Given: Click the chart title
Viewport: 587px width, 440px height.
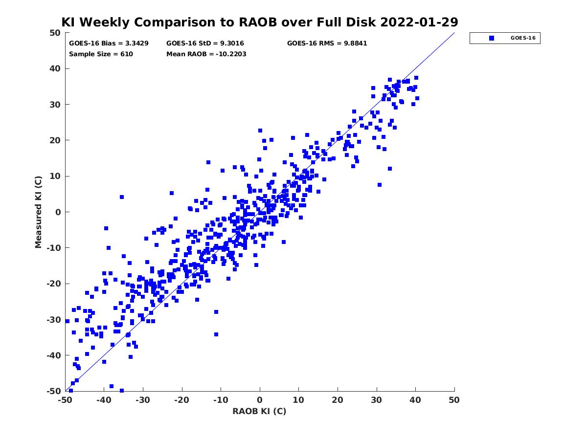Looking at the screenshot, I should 260,22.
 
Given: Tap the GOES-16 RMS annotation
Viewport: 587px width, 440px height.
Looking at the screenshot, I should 327,43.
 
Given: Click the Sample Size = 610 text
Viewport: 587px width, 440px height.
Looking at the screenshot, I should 101,54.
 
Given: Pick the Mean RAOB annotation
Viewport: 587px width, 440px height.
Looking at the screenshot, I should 206,54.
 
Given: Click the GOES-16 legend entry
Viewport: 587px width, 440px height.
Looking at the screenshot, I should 505,38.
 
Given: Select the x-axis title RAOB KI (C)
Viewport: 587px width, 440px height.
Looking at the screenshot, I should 259,411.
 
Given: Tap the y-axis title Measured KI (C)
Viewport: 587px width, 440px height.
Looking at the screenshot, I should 39,212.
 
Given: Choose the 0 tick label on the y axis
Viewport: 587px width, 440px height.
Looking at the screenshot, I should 58,212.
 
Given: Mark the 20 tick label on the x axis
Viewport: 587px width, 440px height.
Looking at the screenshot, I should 338,400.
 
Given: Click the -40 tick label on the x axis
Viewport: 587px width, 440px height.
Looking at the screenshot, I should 103,400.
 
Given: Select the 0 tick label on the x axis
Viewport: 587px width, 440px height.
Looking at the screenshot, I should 260,400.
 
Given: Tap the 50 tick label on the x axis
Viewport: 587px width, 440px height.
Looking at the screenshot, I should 454,400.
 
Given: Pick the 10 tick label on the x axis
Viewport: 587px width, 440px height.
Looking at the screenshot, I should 298,400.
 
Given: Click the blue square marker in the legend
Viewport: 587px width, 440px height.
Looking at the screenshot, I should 492,38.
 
